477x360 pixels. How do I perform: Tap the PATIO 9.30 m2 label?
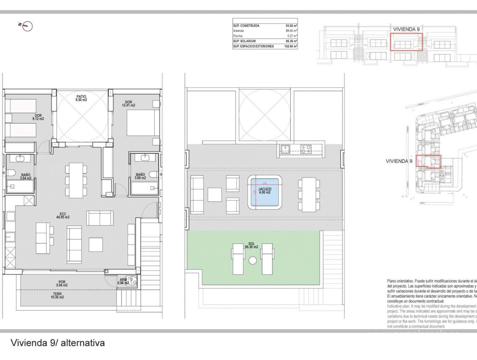[x=81, y=98]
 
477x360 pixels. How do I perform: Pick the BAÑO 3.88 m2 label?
[x=140, y=176]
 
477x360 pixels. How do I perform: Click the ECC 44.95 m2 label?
[x=62, y=215]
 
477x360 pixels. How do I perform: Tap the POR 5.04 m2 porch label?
[x=62, y=283]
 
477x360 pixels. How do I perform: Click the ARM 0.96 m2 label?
[x=123, y=282]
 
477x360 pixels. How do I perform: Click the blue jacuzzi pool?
[x=264, y=192]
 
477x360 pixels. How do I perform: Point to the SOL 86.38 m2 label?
[x=252, y=245]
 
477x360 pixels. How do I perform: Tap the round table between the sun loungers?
[x=252, y=260]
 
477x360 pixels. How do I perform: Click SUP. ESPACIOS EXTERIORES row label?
[x=253, y=46]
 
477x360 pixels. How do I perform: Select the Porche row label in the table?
[x=238, y=36]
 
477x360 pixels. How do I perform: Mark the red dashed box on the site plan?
[x=428, y=161]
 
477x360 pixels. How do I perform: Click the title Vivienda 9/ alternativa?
[x=57, y=343]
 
